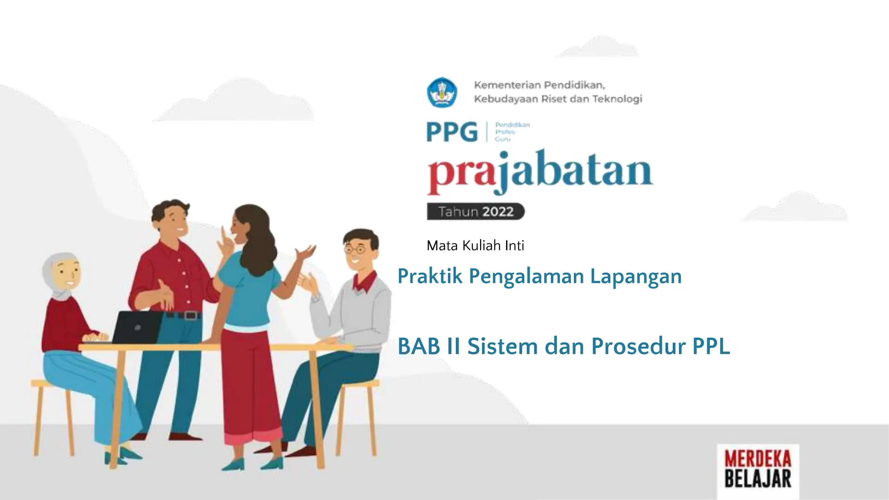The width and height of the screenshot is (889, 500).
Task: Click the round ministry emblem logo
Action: pyautogui.click(x=442, y=92)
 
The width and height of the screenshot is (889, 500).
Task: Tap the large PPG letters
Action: pyautogui.click(x=452, y=132)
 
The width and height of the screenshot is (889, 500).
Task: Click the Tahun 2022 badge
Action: pyautogui.click(x=476, y=212)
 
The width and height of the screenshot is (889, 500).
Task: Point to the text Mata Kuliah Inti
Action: pyautogui.click(x=475, y=246)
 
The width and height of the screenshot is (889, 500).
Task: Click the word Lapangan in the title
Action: pyautogui.click(x=636, y=276)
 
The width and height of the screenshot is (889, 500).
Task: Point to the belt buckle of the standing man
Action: pyautogui.click(x=190, y=316)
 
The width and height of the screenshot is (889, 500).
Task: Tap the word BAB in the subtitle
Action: pyautogui.click(x=419, y=346)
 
